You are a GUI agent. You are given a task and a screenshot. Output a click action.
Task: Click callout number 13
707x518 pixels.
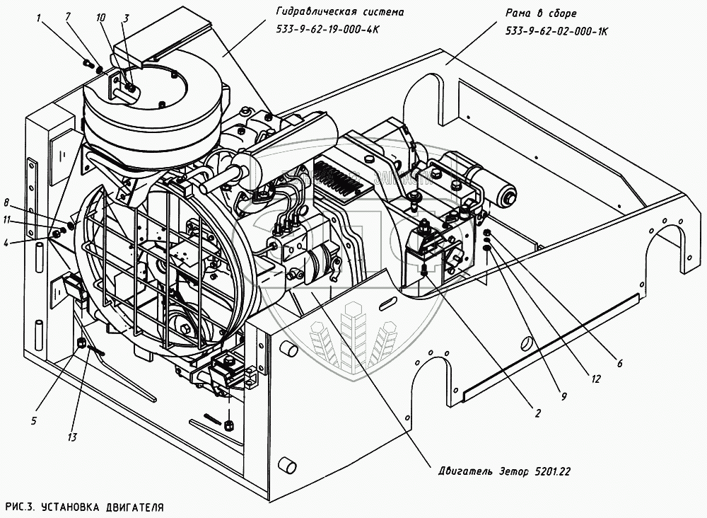(72, 437)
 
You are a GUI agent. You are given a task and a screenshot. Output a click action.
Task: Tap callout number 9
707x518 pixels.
(563, 397)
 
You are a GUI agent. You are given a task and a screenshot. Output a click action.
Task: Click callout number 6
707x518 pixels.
(619, 364)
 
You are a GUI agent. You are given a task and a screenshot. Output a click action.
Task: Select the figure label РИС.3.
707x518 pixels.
(19, 507)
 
